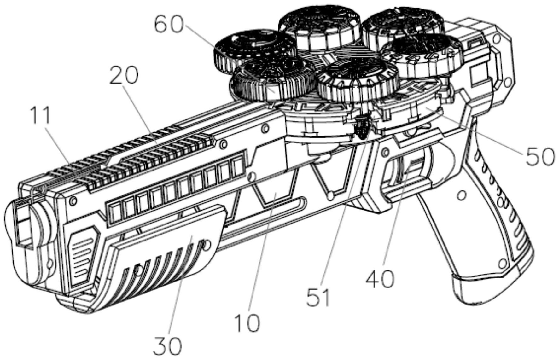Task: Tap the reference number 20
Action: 124,76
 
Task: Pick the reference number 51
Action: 319,297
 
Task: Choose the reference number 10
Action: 247,322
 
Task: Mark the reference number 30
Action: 167,346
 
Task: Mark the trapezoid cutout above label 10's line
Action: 274,188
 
